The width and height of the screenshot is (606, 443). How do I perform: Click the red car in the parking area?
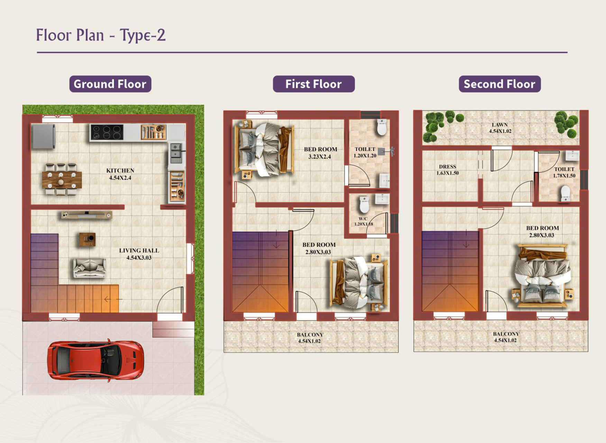(96, 360)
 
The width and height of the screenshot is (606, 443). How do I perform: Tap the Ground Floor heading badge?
(110, 84)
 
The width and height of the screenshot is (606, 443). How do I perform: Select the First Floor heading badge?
(314, 84)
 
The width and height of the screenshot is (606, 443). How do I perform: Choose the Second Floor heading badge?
(500, 84)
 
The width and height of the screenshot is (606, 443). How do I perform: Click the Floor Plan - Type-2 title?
(101, 35)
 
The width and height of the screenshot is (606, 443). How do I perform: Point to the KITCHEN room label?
(120, 171)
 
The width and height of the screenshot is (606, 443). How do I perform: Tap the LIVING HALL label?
(139, 251)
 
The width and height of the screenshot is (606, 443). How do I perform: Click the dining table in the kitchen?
(62, 180)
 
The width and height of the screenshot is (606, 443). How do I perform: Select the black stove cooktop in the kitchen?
(107, 132)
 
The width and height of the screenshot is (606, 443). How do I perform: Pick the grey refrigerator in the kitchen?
(44, 136)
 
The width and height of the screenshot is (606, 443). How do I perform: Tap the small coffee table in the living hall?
(87, 239)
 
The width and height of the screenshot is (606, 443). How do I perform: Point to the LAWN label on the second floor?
(500, 125)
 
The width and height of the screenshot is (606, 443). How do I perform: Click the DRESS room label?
(448, 166)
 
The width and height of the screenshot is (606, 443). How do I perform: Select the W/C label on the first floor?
(363, 219)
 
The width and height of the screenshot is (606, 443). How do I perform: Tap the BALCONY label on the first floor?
(310, 335)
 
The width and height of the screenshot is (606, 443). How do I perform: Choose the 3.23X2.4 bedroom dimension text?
(320, 157)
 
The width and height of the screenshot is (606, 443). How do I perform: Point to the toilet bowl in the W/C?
(364, 205)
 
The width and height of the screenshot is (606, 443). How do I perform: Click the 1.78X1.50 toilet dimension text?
(564, 176)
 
